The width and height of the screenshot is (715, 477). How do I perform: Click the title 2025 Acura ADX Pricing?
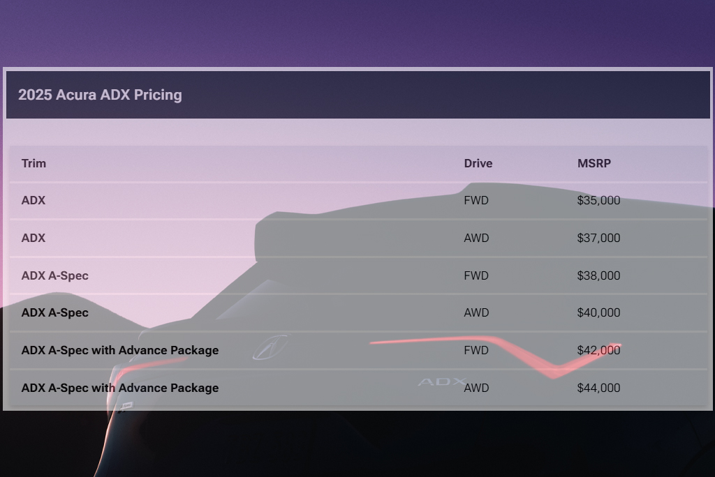[100, 95]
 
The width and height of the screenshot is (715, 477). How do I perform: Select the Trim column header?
[34, 163]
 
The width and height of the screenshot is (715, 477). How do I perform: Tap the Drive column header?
[478, 163]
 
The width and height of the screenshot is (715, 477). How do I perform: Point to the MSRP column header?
[594, 163]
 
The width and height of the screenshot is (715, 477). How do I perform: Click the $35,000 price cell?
[598, 201]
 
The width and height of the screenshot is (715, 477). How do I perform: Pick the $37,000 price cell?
[598, 238]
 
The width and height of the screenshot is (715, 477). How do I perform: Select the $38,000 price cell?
[598, 275]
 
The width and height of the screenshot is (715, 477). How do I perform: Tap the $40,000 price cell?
[598, 312]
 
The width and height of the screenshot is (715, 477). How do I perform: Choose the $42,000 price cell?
[598, 350]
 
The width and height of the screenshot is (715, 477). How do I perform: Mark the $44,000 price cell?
[598, 388]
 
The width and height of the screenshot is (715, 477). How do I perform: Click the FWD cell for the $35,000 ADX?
[476, 201]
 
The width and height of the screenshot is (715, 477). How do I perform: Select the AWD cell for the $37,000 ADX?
[476, 238]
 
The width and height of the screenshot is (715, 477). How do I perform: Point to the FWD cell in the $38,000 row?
[476, 275]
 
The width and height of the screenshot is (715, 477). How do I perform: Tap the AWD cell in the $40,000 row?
[476, 312]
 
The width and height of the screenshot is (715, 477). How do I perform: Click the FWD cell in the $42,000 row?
[476, 350]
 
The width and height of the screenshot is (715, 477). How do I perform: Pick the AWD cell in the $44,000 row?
[476, 388]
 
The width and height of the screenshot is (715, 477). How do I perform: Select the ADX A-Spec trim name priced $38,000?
[55, 275]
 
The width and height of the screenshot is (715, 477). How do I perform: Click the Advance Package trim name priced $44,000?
[120, 388]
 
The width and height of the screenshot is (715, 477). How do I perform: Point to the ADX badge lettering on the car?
[441, 381]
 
